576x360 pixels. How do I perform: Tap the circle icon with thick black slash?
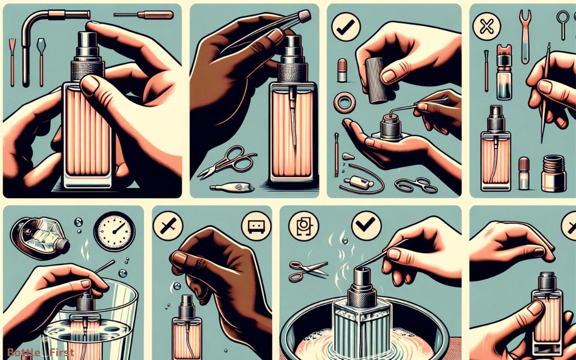pyautogui.click(x=166, y=225)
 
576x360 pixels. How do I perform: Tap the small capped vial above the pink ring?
pyautogui.click(x=343, y=70)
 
